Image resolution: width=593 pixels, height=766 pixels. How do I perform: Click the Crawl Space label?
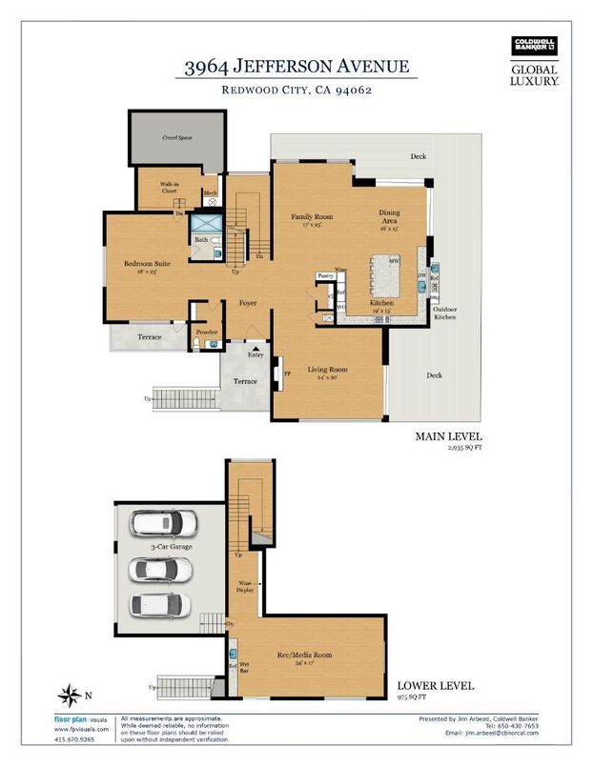tap(178, 137)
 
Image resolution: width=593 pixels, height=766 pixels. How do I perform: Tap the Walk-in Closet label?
tap(169, 188)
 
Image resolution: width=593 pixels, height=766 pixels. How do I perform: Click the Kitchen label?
tap(356, 303)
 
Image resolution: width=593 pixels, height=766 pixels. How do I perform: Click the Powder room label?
tap(206, 333)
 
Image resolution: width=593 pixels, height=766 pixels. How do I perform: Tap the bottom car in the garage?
tap(160, 605)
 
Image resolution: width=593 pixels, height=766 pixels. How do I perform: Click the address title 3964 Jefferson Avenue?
tap(297, 66)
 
